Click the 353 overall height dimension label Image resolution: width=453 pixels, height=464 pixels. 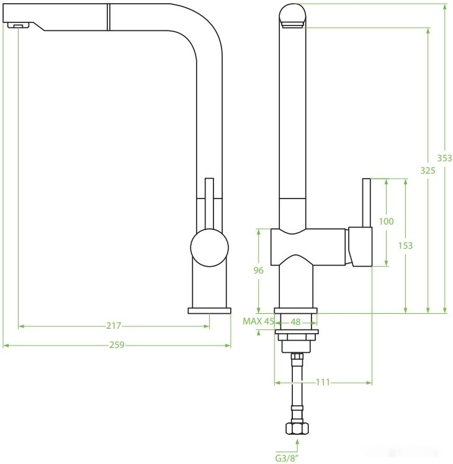444,158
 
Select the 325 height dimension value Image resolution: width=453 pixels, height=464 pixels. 428,170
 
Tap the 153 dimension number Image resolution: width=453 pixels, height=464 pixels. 405,246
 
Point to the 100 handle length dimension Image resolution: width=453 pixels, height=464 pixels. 386,221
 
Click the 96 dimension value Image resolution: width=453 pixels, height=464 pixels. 259,270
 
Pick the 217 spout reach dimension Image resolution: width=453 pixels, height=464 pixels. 113,326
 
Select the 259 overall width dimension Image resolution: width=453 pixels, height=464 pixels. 116,346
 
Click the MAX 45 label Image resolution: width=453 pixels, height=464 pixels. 258,321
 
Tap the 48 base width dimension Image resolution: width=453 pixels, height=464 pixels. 296,321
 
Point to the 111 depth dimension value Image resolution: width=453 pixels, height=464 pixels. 322,382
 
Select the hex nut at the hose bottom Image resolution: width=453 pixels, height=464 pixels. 297,427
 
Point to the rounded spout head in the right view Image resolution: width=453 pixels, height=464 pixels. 292,15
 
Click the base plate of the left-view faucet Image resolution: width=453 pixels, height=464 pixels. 209,310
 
